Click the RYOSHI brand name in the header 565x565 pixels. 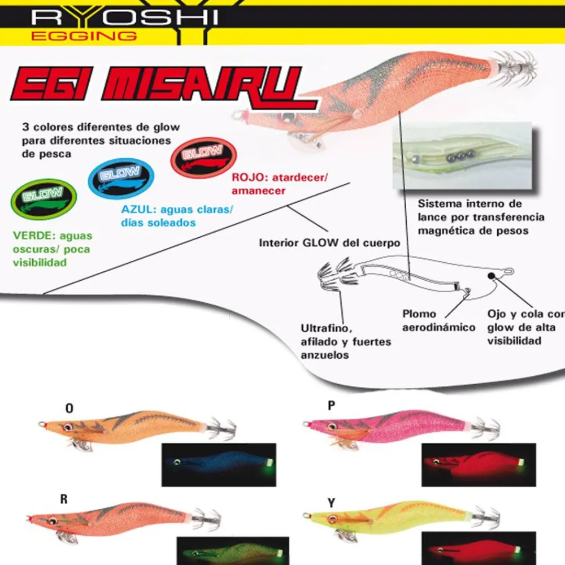point(124,18)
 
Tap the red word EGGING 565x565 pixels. point(84,36)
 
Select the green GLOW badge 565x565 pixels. point(44,199)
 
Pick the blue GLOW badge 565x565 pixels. point(121,179)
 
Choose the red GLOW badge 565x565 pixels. point(203,158)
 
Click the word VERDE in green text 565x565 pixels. point(32,236)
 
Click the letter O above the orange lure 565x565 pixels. point(69,408)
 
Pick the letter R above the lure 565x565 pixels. point(64,499)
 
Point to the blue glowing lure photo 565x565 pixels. point(219,465)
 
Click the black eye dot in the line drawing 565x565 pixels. point(491,276)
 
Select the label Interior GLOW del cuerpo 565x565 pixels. point(329,243)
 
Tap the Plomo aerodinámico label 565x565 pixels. point(438,321)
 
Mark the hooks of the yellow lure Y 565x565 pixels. point(486,518)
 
